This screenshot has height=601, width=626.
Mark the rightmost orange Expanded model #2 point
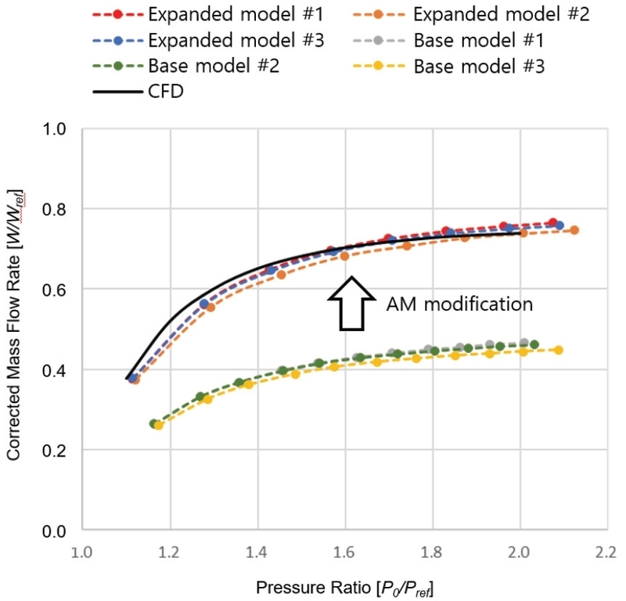pyautogui.click(x=574, y=230)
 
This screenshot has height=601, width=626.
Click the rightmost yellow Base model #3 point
pyautogui.click(x=558, y=350)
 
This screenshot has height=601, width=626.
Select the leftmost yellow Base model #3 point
pyautogui.click(x=159, y=425)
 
